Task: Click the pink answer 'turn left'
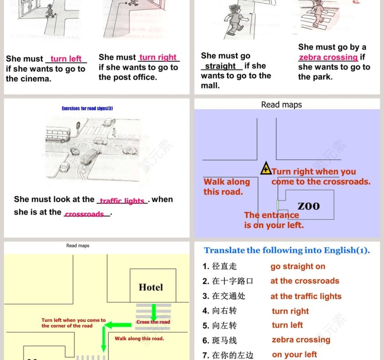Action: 66,59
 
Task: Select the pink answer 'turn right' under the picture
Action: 158,58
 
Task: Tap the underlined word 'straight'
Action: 220,66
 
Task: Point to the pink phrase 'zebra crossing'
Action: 328,58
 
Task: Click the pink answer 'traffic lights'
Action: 122,201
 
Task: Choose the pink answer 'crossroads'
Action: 84,214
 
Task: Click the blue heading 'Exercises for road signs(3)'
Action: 87,108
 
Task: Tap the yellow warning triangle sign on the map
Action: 266,169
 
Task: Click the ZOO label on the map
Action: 309,206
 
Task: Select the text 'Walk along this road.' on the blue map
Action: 227,186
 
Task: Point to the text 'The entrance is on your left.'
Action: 273,220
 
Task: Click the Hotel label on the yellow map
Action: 150,287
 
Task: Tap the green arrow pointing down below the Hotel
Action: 154,312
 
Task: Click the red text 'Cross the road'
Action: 153,322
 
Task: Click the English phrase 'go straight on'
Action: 298,266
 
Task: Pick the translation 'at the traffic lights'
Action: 306,296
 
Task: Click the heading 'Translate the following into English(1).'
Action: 287,250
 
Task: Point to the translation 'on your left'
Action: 294,355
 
